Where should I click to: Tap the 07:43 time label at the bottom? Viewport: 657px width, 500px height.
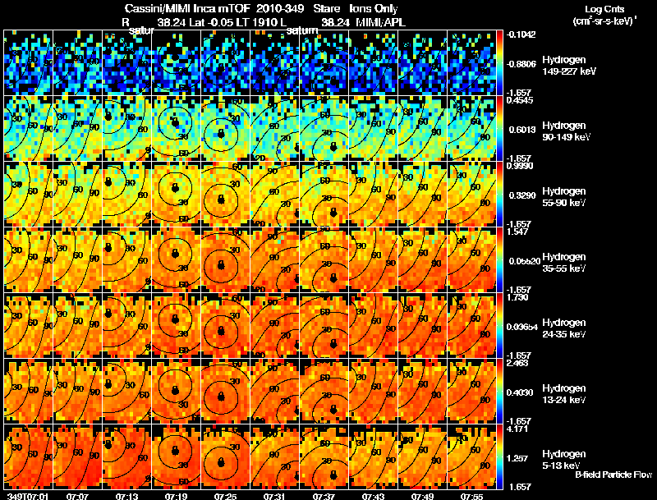click(374, 496)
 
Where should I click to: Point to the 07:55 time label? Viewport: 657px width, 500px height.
click(472, 496)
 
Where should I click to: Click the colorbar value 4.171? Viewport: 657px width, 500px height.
click(517, 429)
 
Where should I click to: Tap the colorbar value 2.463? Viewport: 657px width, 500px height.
click(517, 363)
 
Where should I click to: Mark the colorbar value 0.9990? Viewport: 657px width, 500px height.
click(517, 166)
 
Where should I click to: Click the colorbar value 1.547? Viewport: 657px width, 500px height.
click(517, 232)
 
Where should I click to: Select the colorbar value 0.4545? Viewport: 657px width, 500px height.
click(517, 100)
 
